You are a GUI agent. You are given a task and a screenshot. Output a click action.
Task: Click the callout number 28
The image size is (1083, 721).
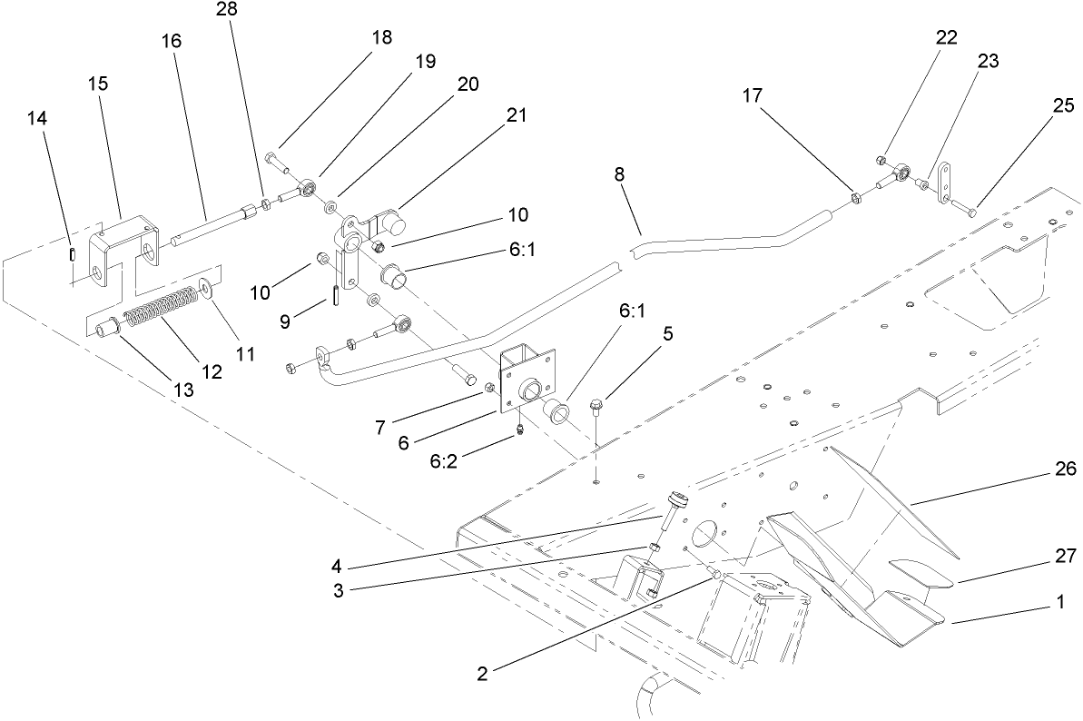pyautogui.click(x=224, y=10)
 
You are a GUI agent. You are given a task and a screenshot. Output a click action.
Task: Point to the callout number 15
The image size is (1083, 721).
pyautogui.click(x=99, y=84)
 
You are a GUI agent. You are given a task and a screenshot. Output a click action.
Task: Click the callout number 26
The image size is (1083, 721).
pyautogui.click(x=1064, y=469)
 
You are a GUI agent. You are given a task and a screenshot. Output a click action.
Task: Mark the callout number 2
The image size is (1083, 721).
pyautogui.click(x=482, y=674)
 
